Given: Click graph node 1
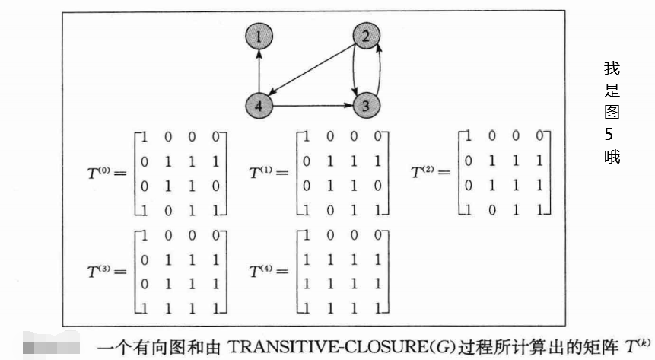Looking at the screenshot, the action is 259,35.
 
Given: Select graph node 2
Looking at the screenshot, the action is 366,35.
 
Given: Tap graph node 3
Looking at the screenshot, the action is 366,106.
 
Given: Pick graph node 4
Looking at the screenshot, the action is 259,106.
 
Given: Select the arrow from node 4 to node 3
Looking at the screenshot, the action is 313,106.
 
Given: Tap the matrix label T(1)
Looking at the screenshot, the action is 265,174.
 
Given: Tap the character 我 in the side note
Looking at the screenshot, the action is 612,68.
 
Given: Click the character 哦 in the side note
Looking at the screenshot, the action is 612,157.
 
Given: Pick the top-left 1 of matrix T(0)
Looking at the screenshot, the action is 144,137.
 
